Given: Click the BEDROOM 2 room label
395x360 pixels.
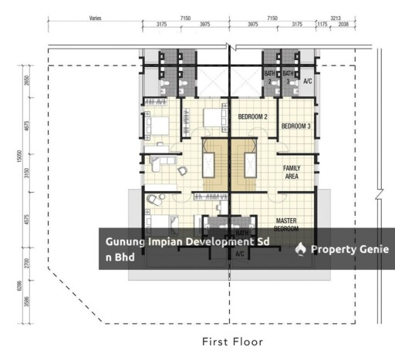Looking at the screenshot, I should [x=252, y=116].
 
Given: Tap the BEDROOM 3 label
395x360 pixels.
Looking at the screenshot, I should [x=295, y=126].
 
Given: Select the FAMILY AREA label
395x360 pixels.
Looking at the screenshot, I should [x=292, y=171].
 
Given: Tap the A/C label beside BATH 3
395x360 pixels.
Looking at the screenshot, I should [x=307, y=81].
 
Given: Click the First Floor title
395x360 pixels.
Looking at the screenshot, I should [x=232, y=340].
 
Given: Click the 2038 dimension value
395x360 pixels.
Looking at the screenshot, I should [x=343, y=25].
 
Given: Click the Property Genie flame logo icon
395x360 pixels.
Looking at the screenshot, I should [x=301, y=248].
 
